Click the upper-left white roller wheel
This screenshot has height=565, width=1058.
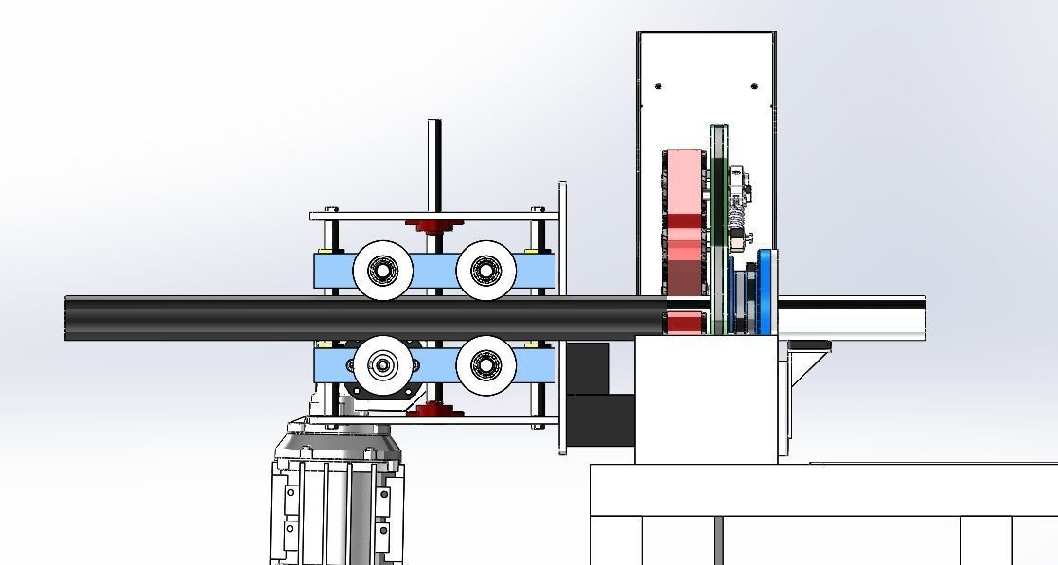[x=382, y=271]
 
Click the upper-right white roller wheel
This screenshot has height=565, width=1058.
[x=486, y=270]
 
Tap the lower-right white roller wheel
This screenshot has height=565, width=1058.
[x=486, y=362]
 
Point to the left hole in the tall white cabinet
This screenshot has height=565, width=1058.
[x=659, y=86]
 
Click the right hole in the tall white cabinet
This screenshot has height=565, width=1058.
[x=754, y=86]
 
